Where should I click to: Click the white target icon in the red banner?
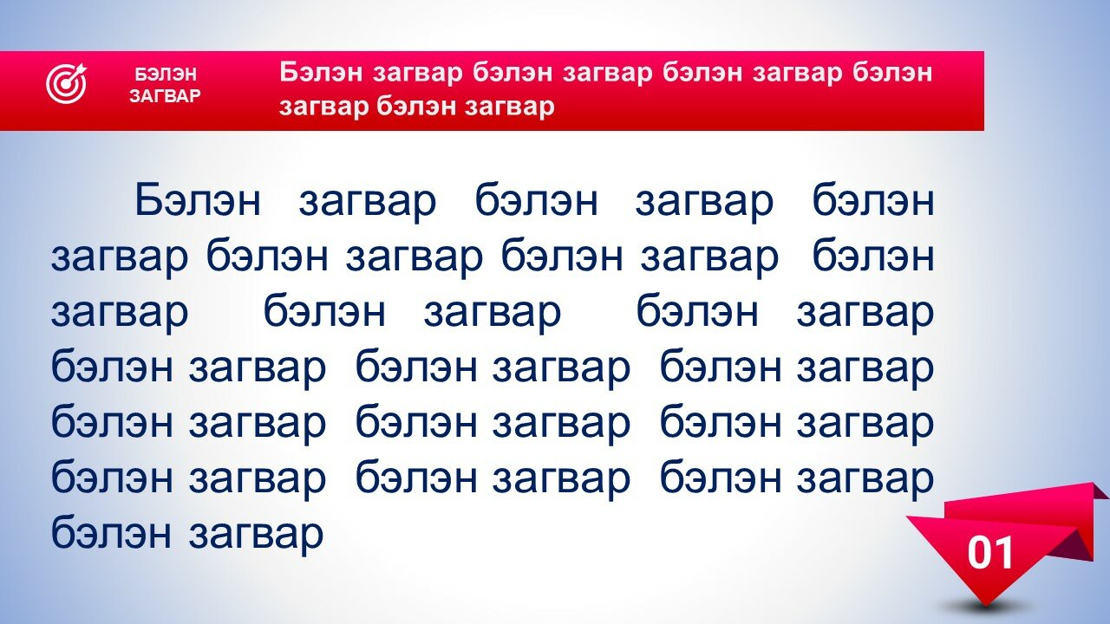[x=67, y=84]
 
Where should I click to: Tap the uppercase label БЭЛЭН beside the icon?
[x=166, y=75]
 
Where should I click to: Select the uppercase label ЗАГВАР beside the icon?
[x=165, y=95]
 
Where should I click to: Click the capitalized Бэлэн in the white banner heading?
[x=322, y=72]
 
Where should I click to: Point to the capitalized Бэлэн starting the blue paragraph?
[x=198, y=200]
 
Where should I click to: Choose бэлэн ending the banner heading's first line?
[x=892, y=72]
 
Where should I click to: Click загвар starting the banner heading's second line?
[x=324, y=107]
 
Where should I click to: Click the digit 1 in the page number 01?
[x=1002, y=553]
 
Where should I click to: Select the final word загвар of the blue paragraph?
[x=256, y=535]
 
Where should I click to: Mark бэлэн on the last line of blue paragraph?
[x=112, y=531]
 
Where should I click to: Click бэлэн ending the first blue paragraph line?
[x=873, y=200]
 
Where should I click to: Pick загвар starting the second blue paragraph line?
[x=120, y=257]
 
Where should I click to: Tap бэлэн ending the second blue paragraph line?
[x=873, y=256]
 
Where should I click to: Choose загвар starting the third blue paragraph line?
[x=120, y=313]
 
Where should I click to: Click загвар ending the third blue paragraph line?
[x=865, y=313]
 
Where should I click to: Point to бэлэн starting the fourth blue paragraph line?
[x=112, y=367]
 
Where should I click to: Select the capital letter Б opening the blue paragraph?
[x=149, y=200]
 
